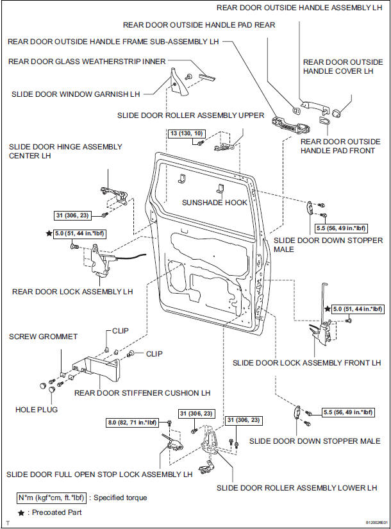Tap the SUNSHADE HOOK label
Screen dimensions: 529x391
tap(214, 202)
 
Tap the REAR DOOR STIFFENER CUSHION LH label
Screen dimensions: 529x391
tap(143, 393)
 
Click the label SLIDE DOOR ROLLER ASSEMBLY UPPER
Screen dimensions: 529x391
tap(191, 115)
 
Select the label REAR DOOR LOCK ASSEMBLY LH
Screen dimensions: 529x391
tap(72, 291)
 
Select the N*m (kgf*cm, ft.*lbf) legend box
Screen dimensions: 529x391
tap(53, 498)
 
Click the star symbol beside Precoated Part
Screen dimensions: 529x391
tap(21, 512)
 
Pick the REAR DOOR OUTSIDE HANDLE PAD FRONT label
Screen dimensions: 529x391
tap(340, 146)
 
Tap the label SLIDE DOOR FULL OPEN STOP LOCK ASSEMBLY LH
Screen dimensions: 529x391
tap(99, 475)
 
